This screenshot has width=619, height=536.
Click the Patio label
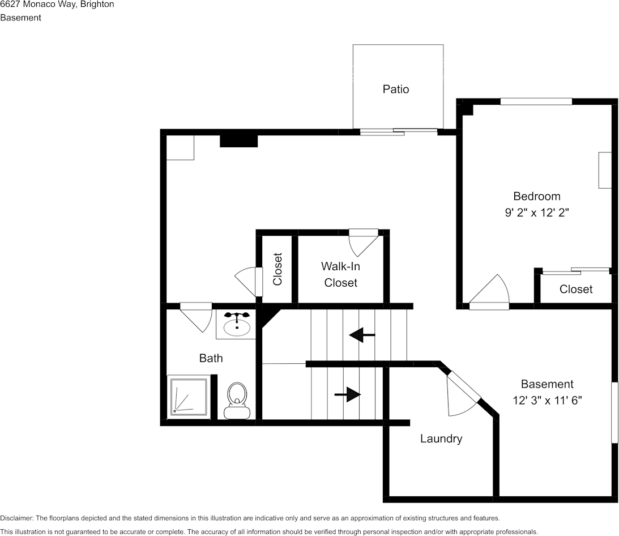click(x=395, y=89)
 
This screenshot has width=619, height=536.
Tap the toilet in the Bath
click(x=236, y=400)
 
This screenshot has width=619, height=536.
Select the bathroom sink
click(x=237, y=325)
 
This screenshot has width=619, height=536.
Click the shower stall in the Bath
click(x=188, y=396)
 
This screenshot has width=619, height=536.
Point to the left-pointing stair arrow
click(x=362, y=335)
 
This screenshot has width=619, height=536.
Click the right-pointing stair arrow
click(x=348, y=394)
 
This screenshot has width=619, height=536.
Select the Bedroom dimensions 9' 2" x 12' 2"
click(x=536, y=213)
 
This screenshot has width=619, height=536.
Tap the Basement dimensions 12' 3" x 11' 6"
click(x=547, y=401)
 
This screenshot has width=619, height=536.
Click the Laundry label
click(x=441, y=439)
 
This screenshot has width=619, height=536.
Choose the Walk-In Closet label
click(x=340, y=274)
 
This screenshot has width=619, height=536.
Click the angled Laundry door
click(x=463, y=394)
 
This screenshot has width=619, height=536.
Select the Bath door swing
click(x=197, y=316)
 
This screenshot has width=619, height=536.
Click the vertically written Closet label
click(x=278, y=269)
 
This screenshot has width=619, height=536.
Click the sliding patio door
click(x=398, y=132)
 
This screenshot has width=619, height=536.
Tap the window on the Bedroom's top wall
click(x=536, y=101)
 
